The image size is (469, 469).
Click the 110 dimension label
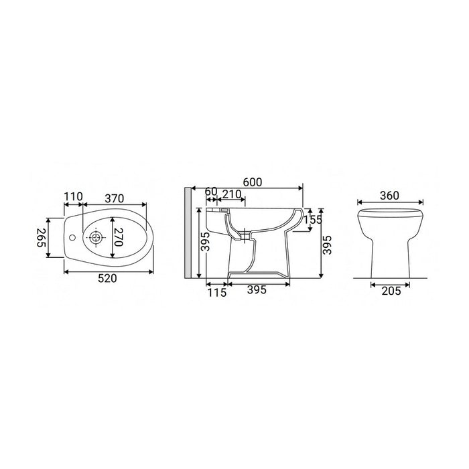tap(73, 196)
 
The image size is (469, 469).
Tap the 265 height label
tap(42, 237)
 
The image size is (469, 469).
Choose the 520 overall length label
tap(107, 279)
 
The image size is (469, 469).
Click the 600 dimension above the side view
tap(252, 182)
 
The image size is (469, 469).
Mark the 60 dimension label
tap(210, 193)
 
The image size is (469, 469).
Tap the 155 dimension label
tap(312, 219)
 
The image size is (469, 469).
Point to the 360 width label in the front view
tap(389, 196)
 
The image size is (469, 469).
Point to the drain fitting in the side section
tap(247, 235)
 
